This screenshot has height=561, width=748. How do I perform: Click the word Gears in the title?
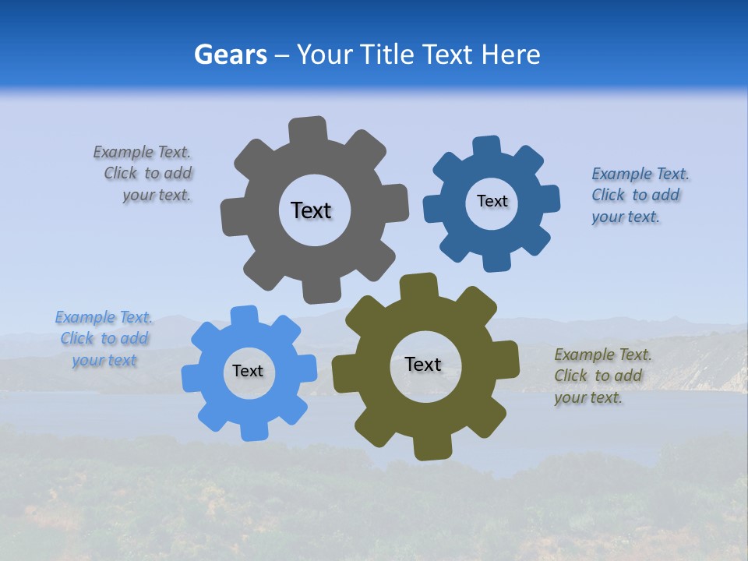(229, 55)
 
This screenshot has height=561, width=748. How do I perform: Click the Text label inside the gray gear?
(311, 210)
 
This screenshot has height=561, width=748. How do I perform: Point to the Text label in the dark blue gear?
(492, 201)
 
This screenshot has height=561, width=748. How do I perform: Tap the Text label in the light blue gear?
(248, 372)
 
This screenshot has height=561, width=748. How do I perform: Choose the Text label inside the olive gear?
(423, 365)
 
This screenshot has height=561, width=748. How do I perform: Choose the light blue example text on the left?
(104, 339)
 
